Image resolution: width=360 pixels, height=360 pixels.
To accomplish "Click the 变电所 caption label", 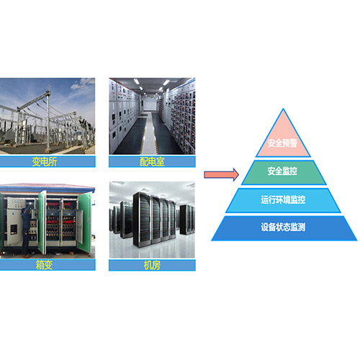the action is (x=45, y=162).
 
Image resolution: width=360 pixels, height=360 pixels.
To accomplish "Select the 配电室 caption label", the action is (x=152, y=162).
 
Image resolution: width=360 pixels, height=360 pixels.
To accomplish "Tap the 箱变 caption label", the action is (x=45, y=265).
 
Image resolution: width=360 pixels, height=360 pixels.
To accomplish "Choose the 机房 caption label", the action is (x=152, y=265).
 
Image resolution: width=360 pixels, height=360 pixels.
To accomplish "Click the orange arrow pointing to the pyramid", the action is (x=221, y=174).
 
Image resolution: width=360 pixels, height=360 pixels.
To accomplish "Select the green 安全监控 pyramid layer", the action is (x=284, y=172).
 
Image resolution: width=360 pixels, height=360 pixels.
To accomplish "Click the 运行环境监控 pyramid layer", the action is (x=283, y=200).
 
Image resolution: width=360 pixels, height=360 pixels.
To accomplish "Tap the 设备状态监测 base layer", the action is (x=284, y=228).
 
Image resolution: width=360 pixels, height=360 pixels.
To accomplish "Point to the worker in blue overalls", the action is (x=26, y=230).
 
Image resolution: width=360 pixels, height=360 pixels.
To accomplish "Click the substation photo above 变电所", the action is (x=48, y=116).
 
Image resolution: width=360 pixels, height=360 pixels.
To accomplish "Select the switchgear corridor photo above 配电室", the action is (x=152, y=116).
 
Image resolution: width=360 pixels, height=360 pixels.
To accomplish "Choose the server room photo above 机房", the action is (x=152, y=220).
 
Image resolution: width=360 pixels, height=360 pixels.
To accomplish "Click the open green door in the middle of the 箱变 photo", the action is (x=42, y=222).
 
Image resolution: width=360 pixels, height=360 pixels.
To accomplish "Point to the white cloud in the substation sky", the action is (x=82, y=84).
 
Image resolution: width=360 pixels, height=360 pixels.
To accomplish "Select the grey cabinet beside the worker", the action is (x=14, y=221).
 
